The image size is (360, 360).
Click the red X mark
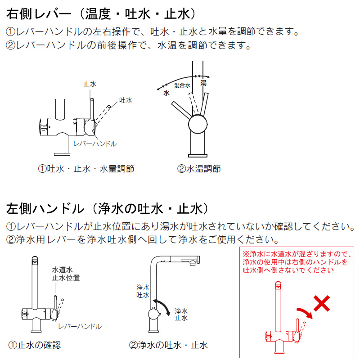[x=322, y=303]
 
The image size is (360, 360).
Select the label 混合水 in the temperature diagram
[x=182, y=85]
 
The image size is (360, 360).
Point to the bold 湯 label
[x=203, y=83]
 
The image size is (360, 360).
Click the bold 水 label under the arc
[x=166, y=93]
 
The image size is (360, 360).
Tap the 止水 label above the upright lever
[x=90, y=84]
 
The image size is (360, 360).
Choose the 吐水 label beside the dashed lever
[x=126, y=100]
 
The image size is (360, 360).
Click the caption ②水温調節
[x=199, y=169]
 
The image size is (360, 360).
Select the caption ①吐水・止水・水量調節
[x=86, y=169]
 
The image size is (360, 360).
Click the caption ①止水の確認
[x=35, y=345]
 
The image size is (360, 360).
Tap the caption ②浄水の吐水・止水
[x=168, y=345]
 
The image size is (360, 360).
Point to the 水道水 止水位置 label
[x=66, y=274]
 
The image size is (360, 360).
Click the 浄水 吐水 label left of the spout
[x=143, y=291]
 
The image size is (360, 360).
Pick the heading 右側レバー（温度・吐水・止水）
[x=101, y=14]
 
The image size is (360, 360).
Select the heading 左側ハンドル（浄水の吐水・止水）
[x=108, y=208]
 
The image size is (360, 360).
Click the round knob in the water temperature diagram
[x=198, y=124]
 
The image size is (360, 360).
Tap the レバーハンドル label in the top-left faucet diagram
[x=95, y=144]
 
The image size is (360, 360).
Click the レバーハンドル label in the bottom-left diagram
[x=80, y=326]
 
